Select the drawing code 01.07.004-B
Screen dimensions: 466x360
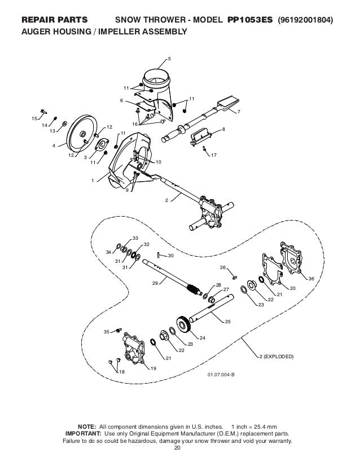[222, 373]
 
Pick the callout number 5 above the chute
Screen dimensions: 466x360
[170, 59]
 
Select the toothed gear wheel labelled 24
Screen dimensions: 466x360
[184, 326]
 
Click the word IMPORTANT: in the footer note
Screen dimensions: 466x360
[85, 434]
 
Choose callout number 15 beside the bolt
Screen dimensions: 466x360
[34, 118]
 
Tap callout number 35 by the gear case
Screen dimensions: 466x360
[106, 332]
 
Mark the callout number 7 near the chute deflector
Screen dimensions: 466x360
[239, 112]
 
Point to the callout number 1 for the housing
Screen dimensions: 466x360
[93, 181]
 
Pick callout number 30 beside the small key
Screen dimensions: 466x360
[171, 256]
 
